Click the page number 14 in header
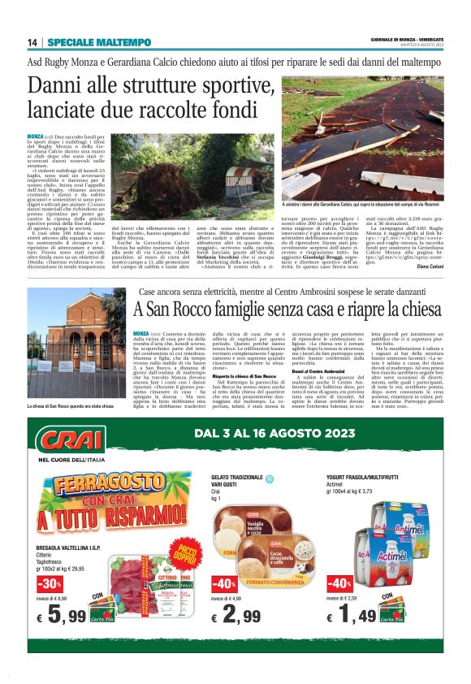click(x=33, y=43)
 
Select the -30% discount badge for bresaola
click(x=49, y=584)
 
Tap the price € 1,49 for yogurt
click(x=349, y=617)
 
